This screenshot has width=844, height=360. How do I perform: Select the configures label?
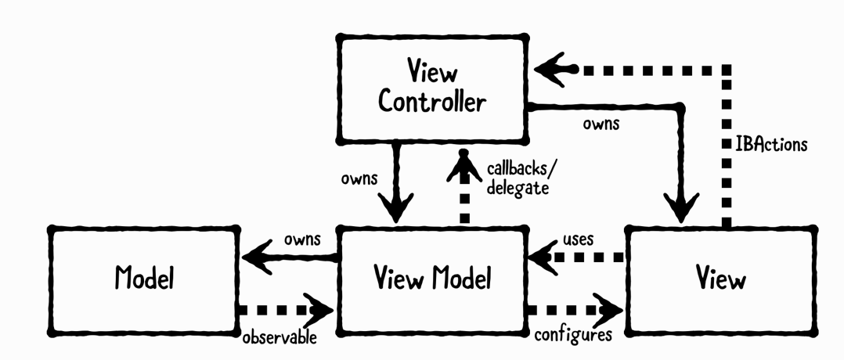pyautogui.click(x=572, y=335)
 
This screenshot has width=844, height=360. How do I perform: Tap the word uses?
pyautogui.click(x=578, y=238)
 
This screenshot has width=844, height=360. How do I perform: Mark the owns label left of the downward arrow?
pyautogui.click(x=359, y=178)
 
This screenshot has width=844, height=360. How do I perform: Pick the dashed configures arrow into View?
pyautogui.click(x=575, y=308)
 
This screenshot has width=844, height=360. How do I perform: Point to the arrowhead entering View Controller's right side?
pyautogui.click(x=554, y=69)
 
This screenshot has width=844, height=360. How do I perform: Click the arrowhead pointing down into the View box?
pyautogui.click(x=678, y=206)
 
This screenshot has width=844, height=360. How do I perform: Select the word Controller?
pyautogui.click(x=431, y=102)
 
